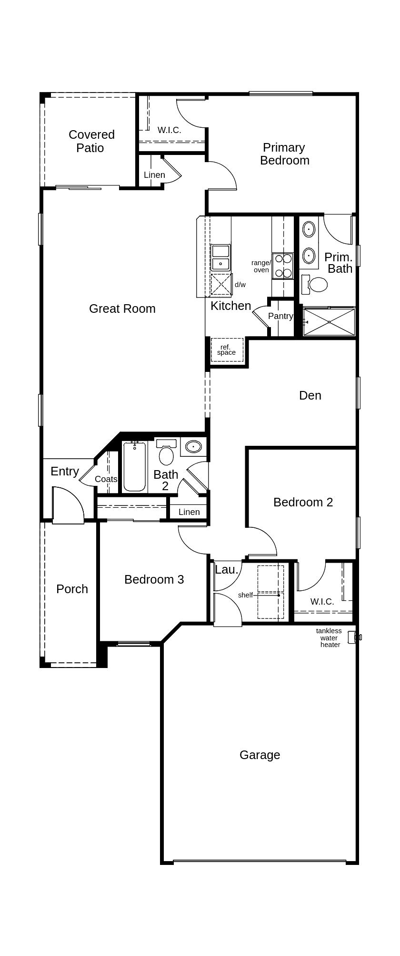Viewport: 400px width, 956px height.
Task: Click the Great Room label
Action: tap(122, 308)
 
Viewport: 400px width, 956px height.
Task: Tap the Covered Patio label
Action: tap(91, 141)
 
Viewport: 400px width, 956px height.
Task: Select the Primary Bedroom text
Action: tap(284, 154)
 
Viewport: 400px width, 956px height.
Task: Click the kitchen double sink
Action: tap(220, 257)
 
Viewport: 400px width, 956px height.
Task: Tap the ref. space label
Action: tap(226, 350)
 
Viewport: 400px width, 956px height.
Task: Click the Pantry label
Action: tap(280, 316)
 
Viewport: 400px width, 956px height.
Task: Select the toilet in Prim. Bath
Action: tap(315, 284)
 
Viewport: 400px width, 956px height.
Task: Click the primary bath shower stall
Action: tap(329, 322)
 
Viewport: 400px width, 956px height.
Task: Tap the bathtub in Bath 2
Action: tap(134, 466)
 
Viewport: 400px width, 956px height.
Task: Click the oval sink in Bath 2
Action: tap(193, 447)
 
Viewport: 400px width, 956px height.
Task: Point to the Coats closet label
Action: tap(106, 479)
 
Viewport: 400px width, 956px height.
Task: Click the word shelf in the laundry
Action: tap(245, 595)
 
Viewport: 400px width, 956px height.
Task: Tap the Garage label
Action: tap(260, 755)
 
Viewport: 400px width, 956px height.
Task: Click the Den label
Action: tap(310, 395)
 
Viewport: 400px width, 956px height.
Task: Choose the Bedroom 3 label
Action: tap(154, 579)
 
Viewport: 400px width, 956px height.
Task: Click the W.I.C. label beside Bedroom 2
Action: tap(322, 602)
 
